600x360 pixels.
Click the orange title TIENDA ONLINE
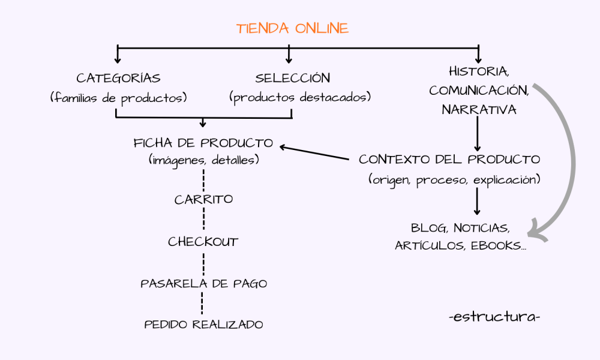(x=292, y=28)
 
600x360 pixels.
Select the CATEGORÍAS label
(x=118, y=78)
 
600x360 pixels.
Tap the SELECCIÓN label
(x=292, y=78)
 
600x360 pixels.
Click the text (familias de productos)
(x=118, y=97)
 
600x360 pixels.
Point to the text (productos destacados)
(x=300, y=97)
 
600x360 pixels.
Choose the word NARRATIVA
(x=479, y=110)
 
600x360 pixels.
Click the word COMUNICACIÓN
(x=479, y=91)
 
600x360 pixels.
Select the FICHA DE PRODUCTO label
(x=203, y=143)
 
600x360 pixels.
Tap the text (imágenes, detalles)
(x=203, y=160)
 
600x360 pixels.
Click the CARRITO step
(x=203, y=200)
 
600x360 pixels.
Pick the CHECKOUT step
(x=203, y=242)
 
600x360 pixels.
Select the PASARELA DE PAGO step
(x=203, y=283)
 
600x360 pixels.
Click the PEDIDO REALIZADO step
(x=203, y=325)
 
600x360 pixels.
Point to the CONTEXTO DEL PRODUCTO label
(x=449, y=160)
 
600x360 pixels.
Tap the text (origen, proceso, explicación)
(x=454, y=179)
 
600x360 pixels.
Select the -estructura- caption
(x=494, y=316)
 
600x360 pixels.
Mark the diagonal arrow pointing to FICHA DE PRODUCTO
(x=315, y=154)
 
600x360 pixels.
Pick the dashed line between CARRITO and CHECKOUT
(x=203, y=220)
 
